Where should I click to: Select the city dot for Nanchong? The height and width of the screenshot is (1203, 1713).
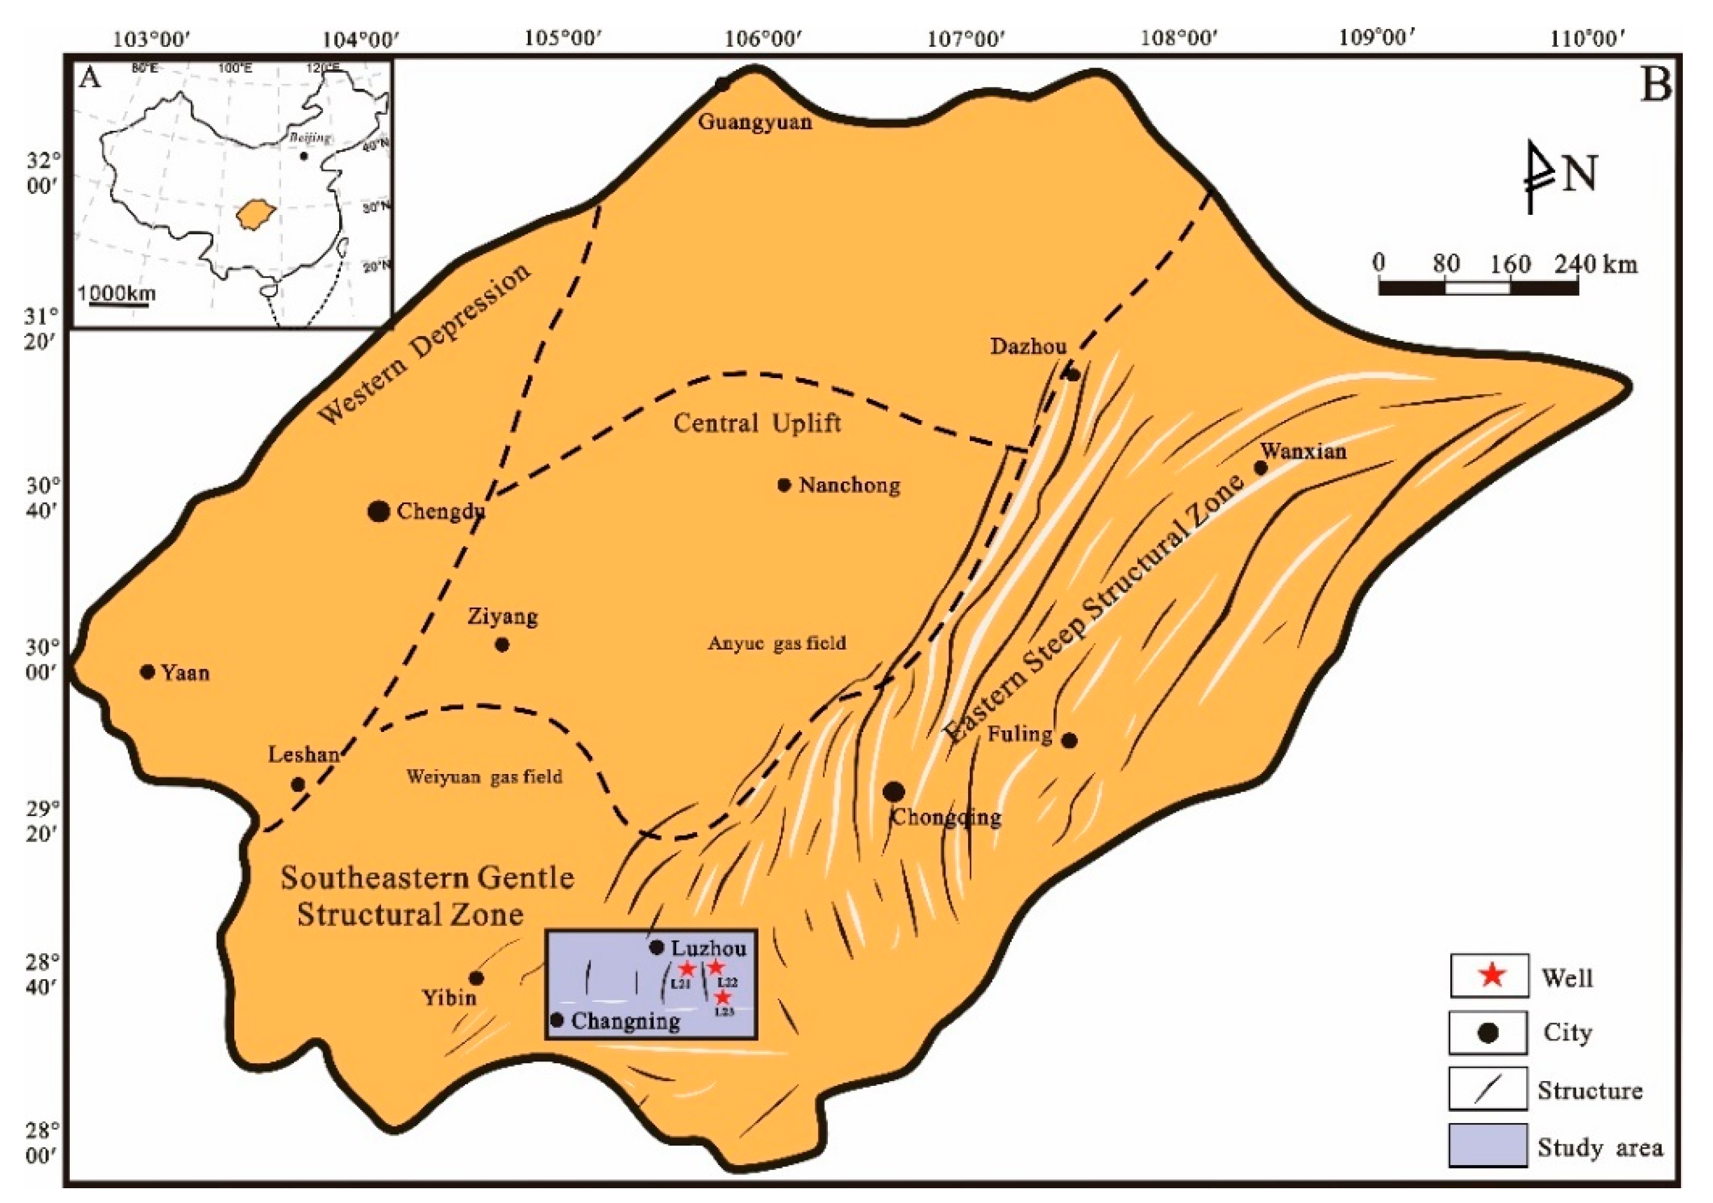pos(784,485)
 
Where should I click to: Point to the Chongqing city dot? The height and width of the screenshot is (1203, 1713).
pos(894,792)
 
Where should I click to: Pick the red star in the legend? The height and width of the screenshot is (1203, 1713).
pos(1492,975)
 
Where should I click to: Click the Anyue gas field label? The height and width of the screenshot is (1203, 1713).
pos(777,643)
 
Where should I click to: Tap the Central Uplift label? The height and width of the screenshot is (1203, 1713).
pos(757,423)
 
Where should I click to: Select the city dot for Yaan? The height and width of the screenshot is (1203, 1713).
pos(148,672)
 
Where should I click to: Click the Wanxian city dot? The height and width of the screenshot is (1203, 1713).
pos(1261,468)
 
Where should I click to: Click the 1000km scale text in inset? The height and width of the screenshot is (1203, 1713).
pos(117,292)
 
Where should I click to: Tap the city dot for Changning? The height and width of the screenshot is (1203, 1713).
pos(557,1020)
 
